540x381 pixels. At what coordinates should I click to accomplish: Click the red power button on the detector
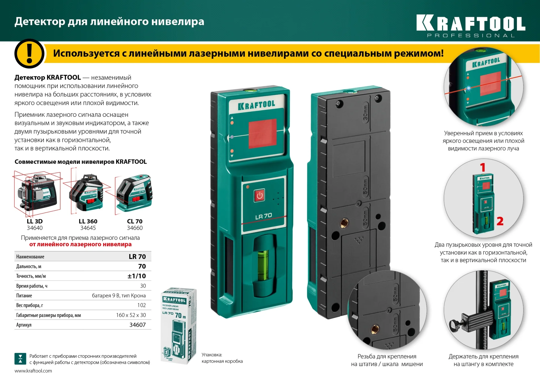[259, 195]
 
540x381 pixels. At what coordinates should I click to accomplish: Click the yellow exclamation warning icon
[29, 54]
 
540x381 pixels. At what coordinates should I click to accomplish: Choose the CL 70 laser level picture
[134, 193]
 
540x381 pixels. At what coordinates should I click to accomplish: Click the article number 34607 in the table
[138, 325]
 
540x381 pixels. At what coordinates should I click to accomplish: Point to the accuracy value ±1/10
[137, 276]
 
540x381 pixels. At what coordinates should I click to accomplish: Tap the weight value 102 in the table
[141, 305]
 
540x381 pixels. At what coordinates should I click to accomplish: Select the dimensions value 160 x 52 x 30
[131, 315]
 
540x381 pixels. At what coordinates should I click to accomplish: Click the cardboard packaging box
[178, 326]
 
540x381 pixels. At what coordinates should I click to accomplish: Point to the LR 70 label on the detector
[264, 216]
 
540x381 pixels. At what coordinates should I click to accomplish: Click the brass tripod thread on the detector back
[344, 223]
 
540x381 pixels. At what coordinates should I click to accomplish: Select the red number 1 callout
[483, 167]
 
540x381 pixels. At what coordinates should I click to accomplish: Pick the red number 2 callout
[500, 221]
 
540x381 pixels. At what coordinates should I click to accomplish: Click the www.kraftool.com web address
[33, 371]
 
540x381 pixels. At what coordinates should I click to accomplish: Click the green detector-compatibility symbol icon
[20, 359]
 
